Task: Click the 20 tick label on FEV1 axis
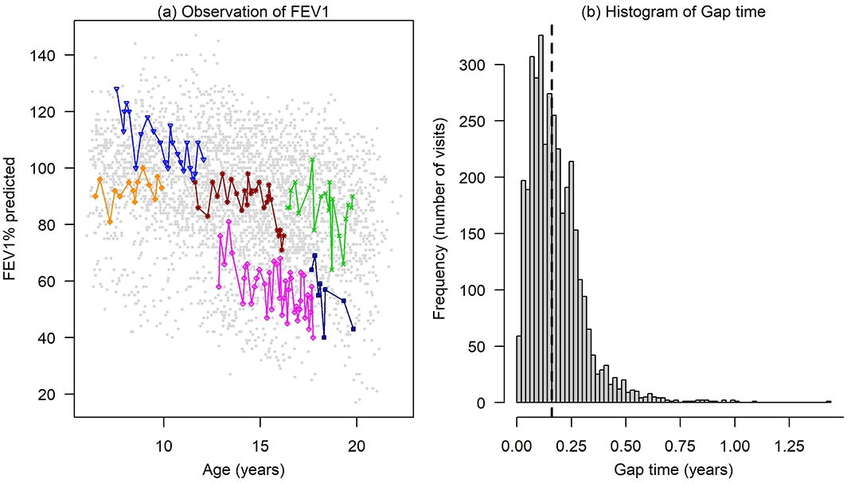55,394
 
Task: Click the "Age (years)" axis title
243,469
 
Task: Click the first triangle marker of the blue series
117,89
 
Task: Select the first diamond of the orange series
96,196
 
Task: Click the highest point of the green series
313,160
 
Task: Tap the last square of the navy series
353,329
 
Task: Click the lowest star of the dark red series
282,249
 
